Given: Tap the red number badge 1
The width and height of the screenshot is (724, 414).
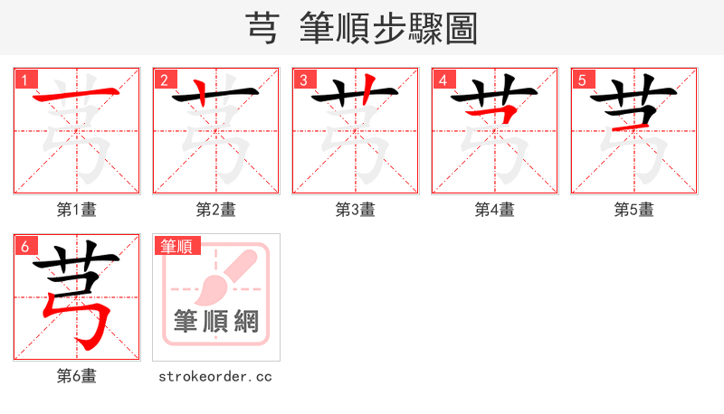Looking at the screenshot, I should [24, 80].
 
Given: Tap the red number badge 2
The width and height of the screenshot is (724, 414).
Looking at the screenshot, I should [164, 80].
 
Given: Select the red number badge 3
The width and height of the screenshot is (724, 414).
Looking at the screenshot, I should [303, 80].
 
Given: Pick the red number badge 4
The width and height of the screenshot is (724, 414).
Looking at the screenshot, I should [443, 80].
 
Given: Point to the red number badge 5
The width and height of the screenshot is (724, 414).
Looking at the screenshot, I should [582, 80].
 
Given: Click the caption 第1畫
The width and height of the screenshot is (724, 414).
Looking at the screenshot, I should [77, 210].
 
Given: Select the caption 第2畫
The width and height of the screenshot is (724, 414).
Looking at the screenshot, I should [216, 210].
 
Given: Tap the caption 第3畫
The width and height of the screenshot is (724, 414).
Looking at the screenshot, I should [356, 210].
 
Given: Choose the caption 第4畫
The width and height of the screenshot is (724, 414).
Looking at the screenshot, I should [495, 210].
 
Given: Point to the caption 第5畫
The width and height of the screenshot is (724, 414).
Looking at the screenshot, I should [634, 210].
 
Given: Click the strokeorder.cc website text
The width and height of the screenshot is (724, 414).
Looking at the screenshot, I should [215, 376].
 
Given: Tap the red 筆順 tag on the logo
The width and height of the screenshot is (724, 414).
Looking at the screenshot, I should [177, 246].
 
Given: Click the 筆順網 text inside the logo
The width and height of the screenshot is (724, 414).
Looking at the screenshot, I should [216, 321].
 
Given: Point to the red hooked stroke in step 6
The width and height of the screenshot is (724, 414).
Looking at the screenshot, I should [90, 321].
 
